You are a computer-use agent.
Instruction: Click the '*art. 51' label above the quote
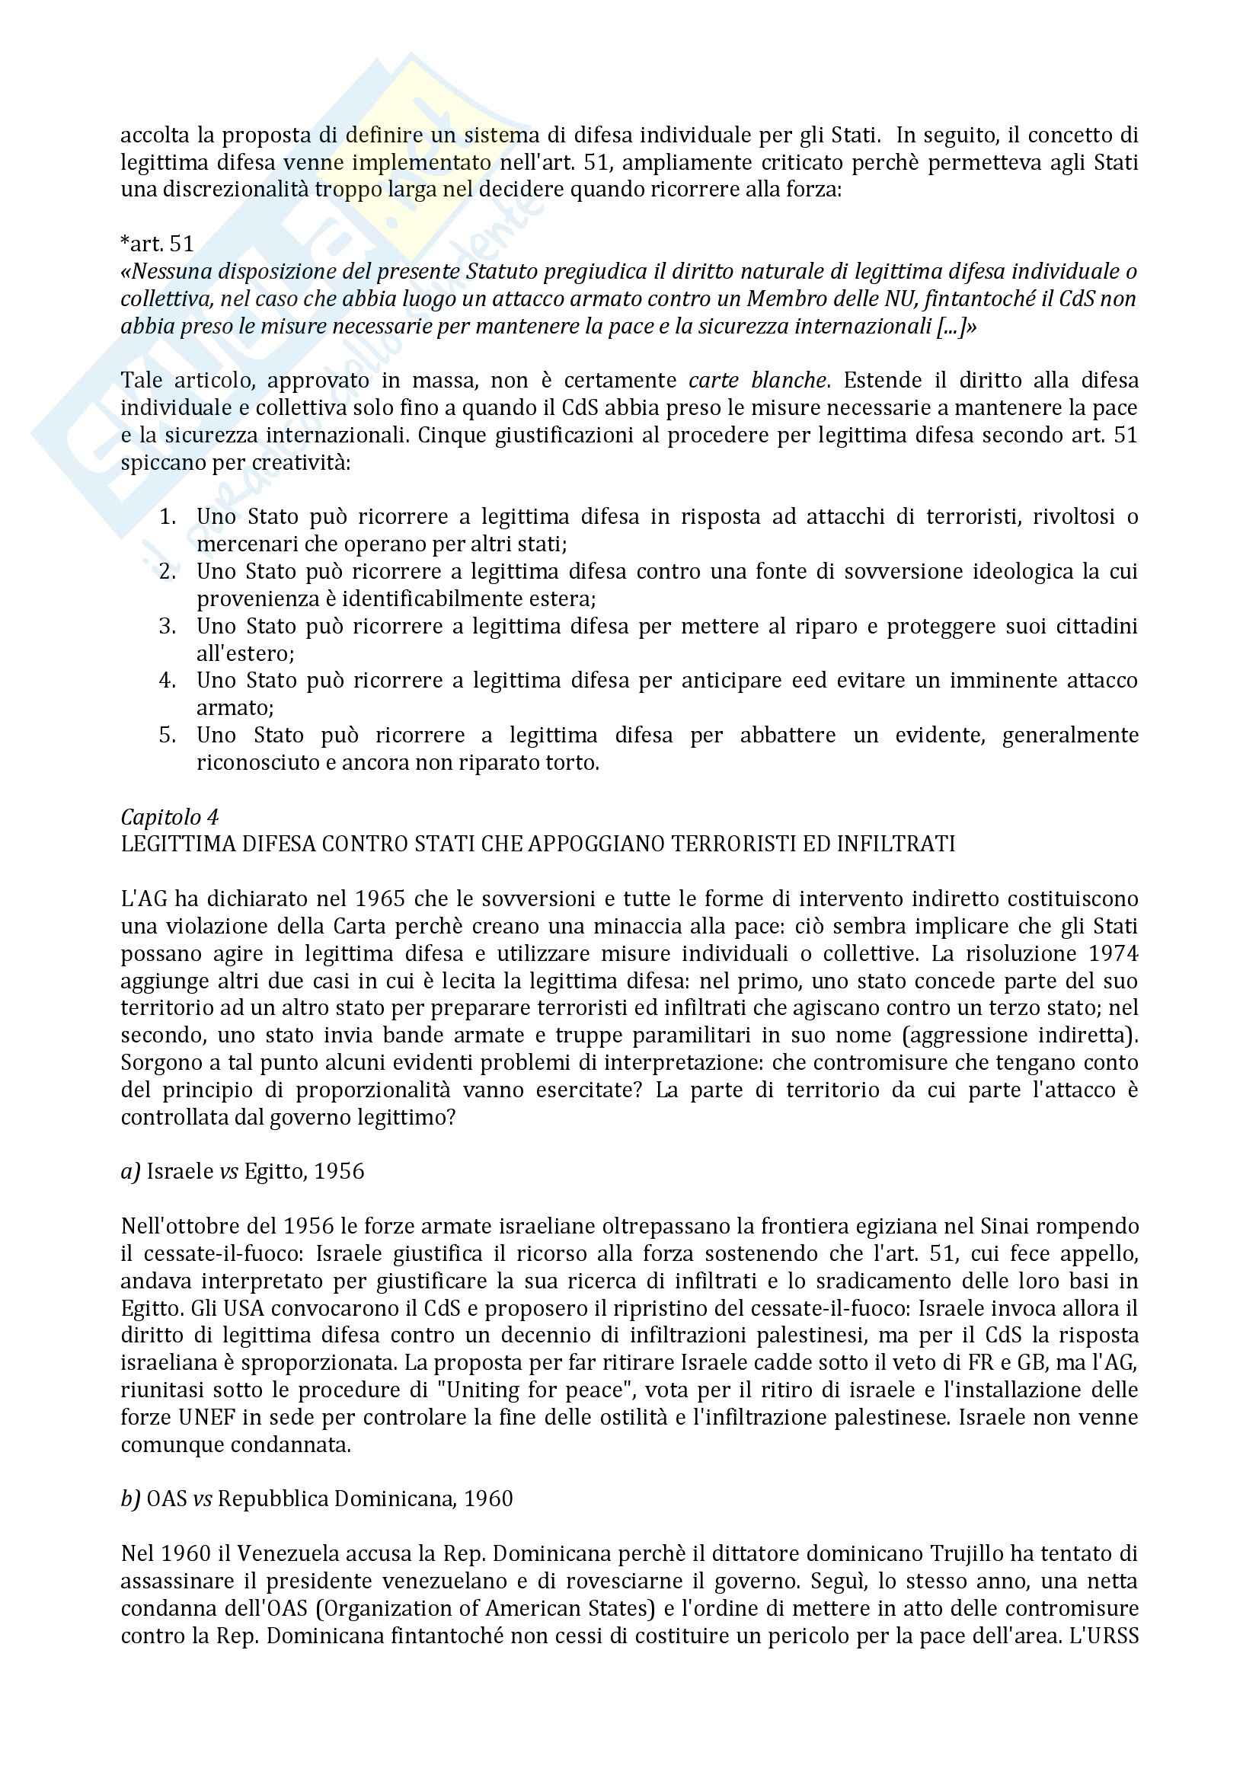tap(157, 244)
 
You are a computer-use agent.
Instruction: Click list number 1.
tap(168, 516)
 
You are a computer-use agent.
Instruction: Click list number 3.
tap(168, 626)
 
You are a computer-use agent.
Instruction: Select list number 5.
tap(168, 735)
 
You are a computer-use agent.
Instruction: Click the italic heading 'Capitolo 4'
tap(169, 817)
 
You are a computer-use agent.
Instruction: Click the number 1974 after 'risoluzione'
tap(1114, 953)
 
